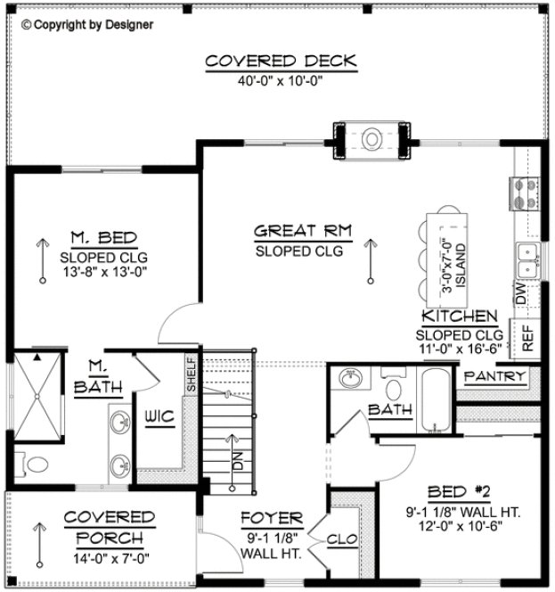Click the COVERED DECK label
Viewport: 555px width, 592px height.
click(x=281, y=61)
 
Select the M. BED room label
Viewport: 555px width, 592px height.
click(x=103, y=237)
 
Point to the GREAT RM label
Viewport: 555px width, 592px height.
click(x=303, y=232)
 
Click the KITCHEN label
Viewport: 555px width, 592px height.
click(x=460, y=317)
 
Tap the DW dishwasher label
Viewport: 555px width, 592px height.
click(x=521, y=292)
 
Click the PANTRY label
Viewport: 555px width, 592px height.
click(x=495, y=376)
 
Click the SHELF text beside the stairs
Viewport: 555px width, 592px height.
click(x=192, y=374)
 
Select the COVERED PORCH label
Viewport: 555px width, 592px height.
click(x=110, y=528)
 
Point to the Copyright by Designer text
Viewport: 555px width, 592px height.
click(x=86, y=24)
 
